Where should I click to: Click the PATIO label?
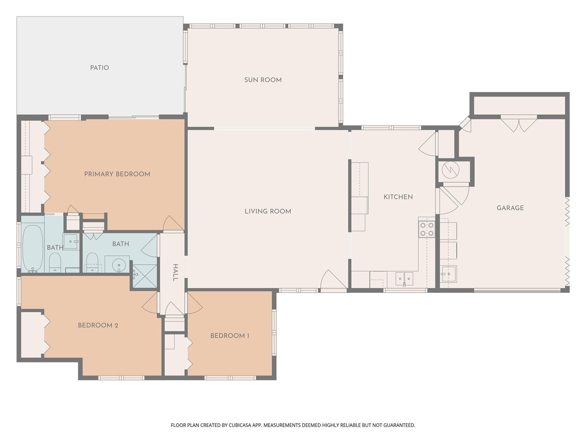(99, 67)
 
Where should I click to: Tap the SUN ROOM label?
(263, 80)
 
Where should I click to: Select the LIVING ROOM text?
(268, 211)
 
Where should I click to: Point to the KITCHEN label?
(398, 197)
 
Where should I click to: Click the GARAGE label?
(510, 208)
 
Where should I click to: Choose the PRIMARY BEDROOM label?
(117, 174)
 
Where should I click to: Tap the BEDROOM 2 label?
(98, 325)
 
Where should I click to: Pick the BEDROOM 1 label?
(230, 336)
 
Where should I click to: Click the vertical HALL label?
(175, 272)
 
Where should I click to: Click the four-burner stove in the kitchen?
(427, 229)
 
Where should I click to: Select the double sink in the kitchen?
(404, 279)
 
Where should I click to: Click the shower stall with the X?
(145, 276)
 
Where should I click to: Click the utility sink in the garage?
(449, 274)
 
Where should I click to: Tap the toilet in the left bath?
(55, 262)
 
